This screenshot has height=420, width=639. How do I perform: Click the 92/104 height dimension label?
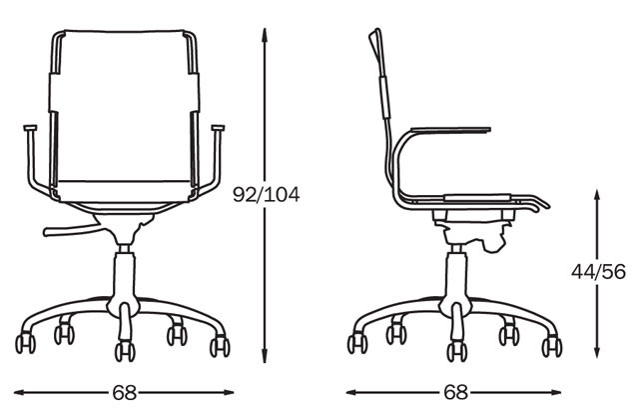tap(267, 195)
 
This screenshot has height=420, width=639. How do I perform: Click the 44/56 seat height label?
tap(598, 272)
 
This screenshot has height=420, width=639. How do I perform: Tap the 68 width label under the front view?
tap(125, 393)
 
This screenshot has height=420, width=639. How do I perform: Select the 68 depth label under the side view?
tap(455, 393)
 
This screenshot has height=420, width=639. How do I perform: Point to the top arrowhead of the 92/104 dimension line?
tap(265, 34)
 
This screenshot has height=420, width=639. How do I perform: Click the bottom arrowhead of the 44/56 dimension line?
tap(597, 352)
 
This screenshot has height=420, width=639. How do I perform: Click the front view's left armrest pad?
tap(30, 128)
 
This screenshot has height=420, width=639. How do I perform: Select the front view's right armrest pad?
tap(218, 128)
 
